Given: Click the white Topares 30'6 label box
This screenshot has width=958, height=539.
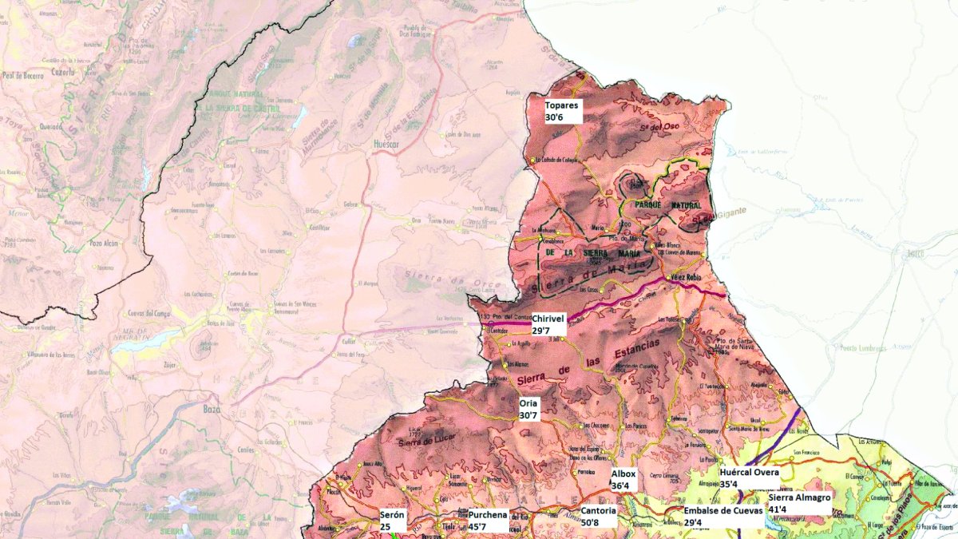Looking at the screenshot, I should tap(562, 111).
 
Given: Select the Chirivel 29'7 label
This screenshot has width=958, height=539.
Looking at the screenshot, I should tap(548, 323).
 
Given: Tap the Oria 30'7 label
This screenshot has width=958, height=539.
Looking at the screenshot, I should tap(530, 410).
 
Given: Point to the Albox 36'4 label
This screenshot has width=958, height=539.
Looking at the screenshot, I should tap(624, 479).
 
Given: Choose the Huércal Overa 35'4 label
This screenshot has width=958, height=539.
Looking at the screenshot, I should tap(749, 478).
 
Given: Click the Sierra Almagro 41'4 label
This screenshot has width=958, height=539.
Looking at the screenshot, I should tap(799, 502).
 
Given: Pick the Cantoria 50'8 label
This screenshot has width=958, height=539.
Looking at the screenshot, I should tap(599, 516).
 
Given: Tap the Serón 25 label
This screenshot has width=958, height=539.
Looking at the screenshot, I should tap(393, 520).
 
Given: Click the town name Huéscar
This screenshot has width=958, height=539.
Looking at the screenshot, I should tap(386, 145).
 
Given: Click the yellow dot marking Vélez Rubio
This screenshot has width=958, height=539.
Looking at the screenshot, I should tap(668, 277).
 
